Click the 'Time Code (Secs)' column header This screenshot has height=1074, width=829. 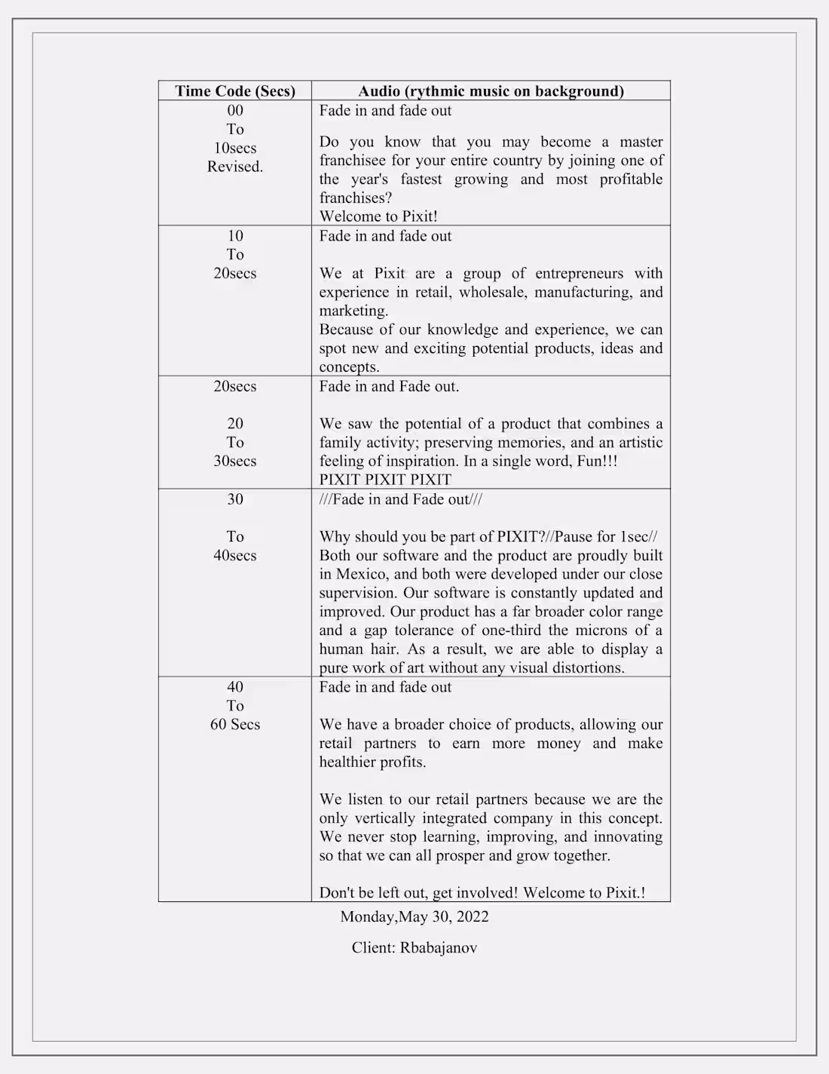click(235, 91)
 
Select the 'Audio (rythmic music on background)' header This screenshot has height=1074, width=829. click(491, 91)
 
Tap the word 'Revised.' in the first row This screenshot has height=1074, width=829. click(235, 167)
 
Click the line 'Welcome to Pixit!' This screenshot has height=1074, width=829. click(378, 216)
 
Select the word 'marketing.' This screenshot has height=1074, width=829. click(353, 311)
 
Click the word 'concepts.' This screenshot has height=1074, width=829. click(349, 367)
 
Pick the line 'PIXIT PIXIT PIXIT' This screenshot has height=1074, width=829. click(385, 480)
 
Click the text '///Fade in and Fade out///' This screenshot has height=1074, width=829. click(401, 499)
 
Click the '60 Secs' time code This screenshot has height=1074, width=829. click(235, 725)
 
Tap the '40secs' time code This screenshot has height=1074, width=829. click(235, 556)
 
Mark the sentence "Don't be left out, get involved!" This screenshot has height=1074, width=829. click(418, 893)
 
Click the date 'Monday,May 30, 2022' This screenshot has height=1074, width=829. click(414, 917)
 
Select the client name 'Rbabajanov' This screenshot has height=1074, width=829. click(439, 948)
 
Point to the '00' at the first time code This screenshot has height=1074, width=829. click(235, 111)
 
